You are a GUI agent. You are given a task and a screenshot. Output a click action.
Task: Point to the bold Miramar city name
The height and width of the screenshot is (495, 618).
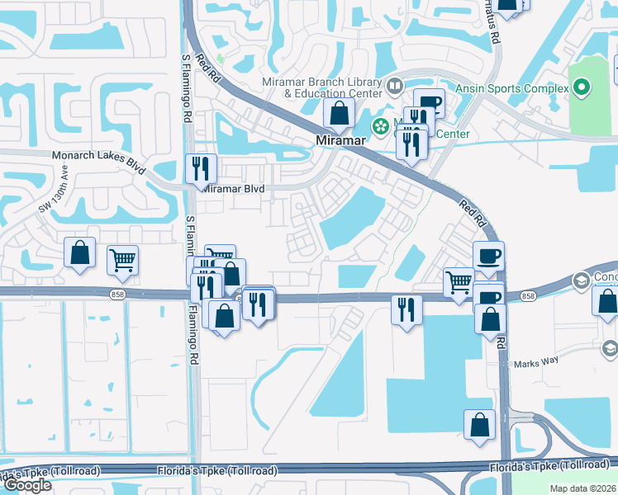341,141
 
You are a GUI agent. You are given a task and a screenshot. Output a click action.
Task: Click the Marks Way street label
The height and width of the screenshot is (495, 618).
538,364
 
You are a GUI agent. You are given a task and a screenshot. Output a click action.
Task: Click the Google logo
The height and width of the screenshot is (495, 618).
27,485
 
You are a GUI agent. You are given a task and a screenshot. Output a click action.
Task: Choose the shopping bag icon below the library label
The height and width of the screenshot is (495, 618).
339,114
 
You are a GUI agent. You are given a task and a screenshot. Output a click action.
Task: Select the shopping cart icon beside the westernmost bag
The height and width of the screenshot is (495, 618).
122,260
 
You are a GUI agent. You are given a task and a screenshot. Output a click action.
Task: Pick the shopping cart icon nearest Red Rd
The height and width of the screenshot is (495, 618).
459,281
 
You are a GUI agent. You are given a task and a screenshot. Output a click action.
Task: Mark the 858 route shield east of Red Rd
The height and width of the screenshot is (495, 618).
529,295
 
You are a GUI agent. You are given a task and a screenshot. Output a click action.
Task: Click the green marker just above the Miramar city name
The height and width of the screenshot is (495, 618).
381,126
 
